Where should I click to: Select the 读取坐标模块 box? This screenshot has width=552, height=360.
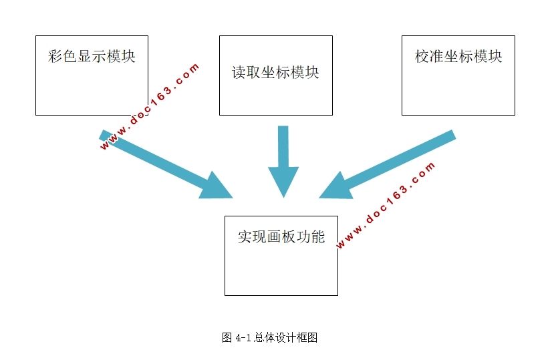(x=275, y=94)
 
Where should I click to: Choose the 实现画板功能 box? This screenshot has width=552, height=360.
(x=281, y=267)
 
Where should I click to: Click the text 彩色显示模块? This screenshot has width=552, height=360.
(x=92, y=56)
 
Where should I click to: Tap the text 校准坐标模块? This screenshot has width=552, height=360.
(x=458, y=56)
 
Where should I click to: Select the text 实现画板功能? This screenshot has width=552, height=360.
(x=281, y=237)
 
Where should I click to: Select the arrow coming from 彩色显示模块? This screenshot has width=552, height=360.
(x=160, y=164)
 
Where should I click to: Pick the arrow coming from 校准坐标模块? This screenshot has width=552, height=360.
(x=394, y=164)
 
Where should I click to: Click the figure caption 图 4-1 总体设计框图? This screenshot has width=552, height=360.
(x=269, y=338)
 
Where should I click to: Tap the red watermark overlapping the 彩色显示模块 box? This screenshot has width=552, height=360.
(x=150, y=107)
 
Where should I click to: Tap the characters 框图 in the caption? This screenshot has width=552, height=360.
(x=309, y=338)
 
